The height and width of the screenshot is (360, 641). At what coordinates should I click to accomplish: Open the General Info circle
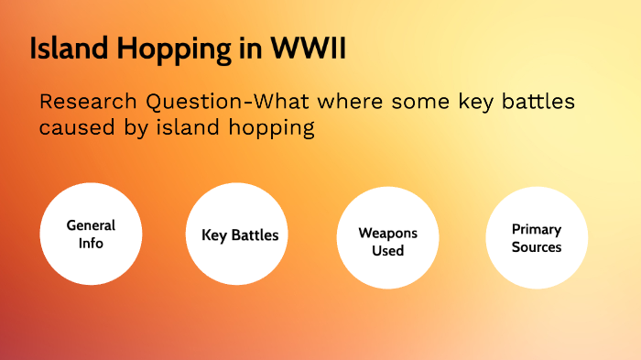(92, 235)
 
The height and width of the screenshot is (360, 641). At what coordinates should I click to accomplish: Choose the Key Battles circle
(240, 235)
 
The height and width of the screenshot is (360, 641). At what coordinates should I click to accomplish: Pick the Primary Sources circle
(536, 238)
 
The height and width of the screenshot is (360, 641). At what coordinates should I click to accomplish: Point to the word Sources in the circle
(536, 247)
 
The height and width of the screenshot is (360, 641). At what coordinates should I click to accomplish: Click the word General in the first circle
(92, 225)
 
